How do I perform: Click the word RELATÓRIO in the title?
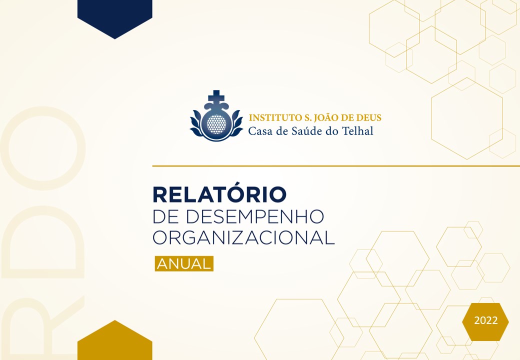tap(219, 194)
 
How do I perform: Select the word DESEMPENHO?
tap(254, 216)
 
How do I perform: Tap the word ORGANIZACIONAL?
tap(244, 237)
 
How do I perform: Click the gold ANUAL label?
tap(184, 264)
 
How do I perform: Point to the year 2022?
tap(486, 320)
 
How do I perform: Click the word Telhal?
tap(357, 131)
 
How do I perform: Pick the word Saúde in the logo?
tap(308, 131)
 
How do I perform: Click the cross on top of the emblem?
tap(216, 96)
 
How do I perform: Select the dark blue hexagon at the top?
tap(114, 16)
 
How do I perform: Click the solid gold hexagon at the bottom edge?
tap(114, 341)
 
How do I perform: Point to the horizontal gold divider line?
tap(336, 165)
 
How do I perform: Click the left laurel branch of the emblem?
tap(197, 124)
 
